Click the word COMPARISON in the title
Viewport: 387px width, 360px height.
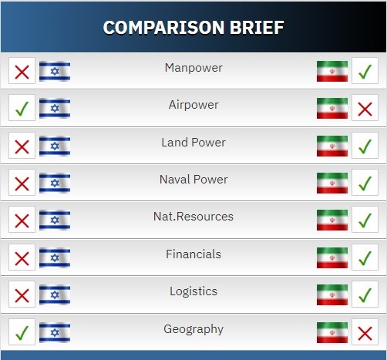pyautogui.click(x=163, y=28)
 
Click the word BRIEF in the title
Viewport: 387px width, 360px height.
pyautogui.click(x=257, y=28)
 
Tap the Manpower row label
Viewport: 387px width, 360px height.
pyautogui.click(x=193, y=68)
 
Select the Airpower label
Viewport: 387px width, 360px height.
pyautogui.click(x=193, y=105)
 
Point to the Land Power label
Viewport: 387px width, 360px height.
pyautogui.click(x=193, y=143)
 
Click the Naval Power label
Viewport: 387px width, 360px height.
pyautogui.click(x=193, y=180)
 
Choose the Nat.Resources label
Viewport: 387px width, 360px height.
pyautogui.click(x=193, y=217)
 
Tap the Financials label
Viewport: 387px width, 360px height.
pyautogui.click(x=193, y=254)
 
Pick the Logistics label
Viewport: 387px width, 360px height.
pyautogui.click(x=193, y=291)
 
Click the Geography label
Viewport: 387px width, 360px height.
pyautogui.click(x=193, y=329)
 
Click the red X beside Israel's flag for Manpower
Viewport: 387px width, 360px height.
pyautogui.click(x=22, y=72)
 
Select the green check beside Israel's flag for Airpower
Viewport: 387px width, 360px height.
pyautogui.click(x=22, y=109)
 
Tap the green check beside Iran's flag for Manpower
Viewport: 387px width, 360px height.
pyautogui.click(x=365, y=71)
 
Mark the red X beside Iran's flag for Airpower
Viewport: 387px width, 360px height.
pyautogui.click(x=365, y=109)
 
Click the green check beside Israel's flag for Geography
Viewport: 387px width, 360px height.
pyautogui.click(x=22, y=333)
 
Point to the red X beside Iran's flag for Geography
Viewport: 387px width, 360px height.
pyautogui.click(x=365, y=334)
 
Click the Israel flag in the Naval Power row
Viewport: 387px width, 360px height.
pyautogui.click(x=55, y=183)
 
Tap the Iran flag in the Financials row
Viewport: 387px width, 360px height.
pyautogui.click(x=332, y=257)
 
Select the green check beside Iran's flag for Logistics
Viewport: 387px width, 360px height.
pyautogui.click(x=365, y=295)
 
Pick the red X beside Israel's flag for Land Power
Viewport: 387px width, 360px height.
pyautogui.click(x=22, y=147)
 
